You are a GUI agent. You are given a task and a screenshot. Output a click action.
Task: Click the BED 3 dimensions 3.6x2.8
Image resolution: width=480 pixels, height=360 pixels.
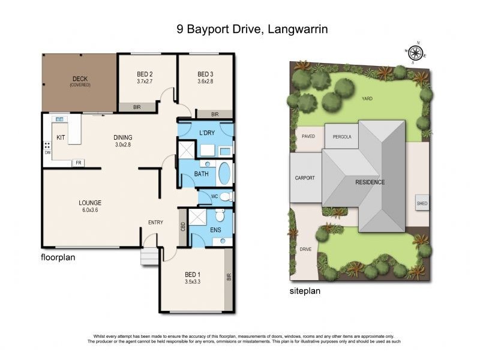(206, 81)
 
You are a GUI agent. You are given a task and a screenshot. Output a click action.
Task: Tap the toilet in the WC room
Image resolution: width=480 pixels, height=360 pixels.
(224, 197)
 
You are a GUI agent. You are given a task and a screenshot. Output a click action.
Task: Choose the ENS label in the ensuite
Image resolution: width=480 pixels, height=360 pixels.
(216, 229)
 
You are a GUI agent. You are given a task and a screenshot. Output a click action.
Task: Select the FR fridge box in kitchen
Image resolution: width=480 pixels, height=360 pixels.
(78, 163)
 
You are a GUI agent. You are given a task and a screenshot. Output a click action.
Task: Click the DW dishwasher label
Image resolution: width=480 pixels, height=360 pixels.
(47, 152)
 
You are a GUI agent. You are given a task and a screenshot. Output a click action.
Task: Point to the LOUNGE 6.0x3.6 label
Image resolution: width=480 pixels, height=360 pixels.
(89, 206)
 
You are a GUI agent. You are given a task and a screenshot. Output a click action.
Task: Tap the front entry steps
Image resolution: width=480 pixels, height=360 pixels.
(148, 257)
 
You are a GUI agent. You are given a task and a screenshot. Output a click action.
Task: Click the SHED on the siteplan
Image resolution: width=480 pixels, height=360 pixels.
(422, 203)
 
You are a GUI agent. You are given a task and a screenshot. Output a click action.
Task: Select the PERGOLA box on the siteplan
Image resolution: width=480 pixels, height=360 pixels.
(341, 137)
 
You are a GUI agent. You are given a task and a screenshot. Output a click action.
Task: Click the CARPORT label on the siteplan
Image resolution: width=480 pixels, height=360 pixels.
(305, 178)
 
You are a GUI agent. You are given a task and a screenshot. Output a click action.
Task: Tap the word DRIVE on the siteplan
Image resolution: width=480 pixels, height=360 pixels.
(305, 248)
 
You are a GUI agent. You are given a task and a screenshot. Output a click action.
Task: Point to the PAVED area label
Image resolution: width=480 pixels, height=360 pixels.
(308, 136)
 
